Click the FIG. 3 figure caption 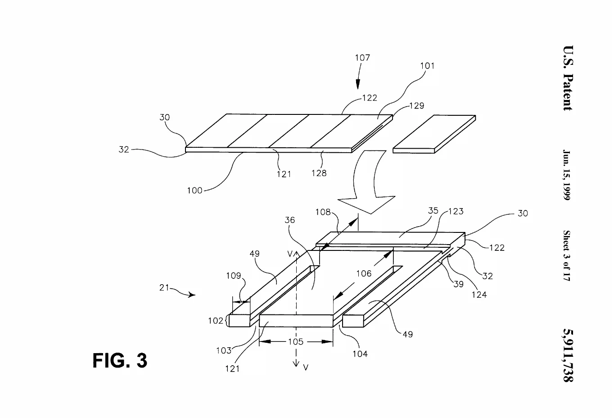pyautogui.click(x=120, y=360)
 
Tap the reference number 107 pyautogui.click(x=362, y=58)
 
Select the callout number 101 pyautogui.click(x=427, y=66)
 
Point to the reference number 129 pyautogui.click(x=417, y=105)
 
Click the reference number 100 pyautogui.click(x=194, y=191)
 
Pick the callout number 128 pyautogui.click(x=319, y=173)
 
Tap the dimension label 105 pyautogui.click(x=296, y=342)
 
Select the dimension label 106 pyautogui.click(x=364, y=273)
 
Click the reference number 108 pyautogui.click(x=323, y=212)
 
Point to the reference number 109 pyautogui.click(x=234, y=275)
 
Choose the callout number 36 pyautogui.click(x=290, y=220)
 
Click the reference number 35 pyautogui.click(x=433, y=211)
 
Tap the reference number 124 pyautogui.click(x=479, y=295)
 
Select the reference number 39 pyautogui.click(x=458, y=284)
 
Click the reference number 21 pyautogui.click(x=164, y=287)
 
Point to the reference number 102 pyautogui.click(x=216, y=321)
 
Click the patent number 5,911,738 pyautogui.click(x=568, y=355)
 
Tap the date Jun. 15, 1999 pyautogui.click(x=567, y=175)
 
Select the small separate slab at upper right pyautogui.click(x=434, y=134)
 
